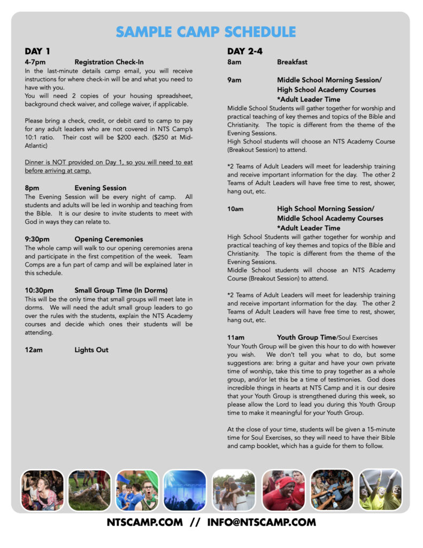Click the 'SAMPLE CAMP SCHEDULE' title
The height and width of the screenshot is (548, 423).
206,32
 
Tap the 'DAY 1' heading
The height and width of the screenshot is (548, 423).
37,52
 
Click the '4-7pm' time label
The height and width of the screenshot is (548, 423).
35,62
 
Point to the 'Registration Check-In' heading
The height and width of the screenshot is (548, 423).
109,62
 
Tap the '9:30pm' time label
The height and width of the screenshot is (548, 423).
37,239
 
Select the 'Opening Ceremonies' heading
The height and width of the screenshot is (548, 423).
109,239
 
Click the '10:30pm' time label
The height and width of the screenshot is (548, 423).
39,291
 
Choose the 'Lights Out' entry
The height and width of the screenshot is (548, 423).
91,350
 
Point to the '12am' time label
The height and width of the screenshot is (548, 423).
33,350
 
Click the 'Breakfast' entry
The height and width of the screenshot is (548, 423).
292,62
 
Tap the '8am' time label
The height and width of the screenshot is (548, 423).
234,62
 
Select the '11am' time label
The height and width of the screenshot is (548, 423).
236,338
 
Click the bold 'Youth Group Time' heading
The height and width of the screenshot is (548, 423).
306,338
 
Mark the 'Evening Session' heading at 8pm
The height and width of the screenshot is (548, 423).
101,188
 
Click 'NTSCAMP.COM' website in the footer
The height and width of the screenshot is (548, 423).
144,522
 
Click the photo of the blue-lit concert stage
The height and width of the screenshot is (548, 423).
184,490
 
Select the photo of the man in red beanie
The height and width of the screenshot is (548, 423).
283,490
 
